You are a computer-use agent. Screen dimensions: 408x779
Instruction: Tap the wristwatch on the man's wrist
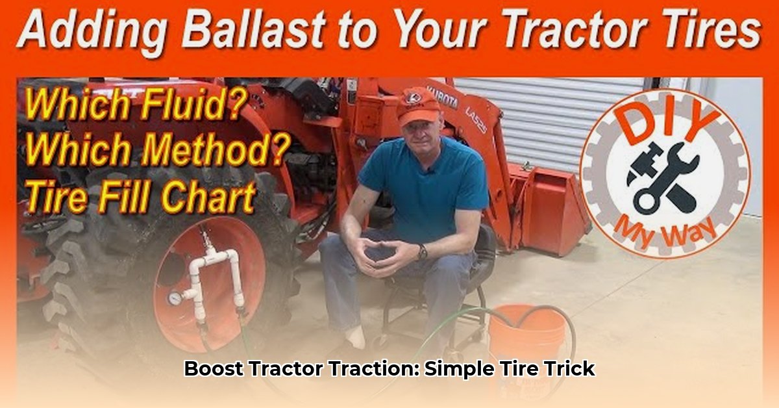[423, 251]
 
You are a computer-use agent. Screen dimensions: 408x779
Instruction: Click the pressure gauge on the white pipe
[175, 298]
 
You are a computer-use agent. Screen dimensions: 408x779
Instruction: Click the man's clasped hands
[382, 249]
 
